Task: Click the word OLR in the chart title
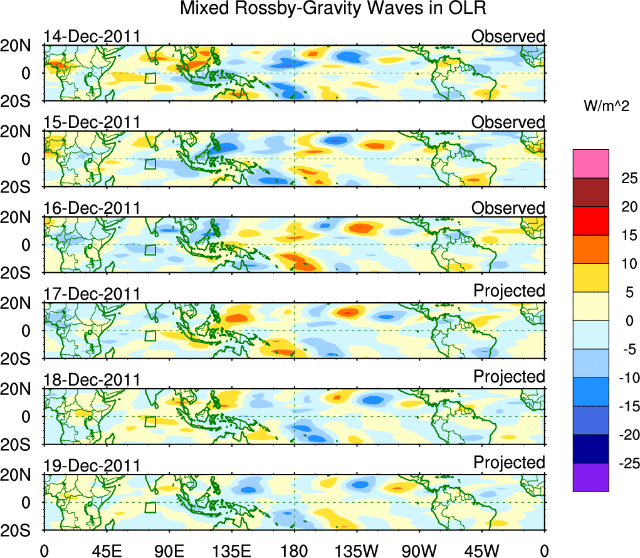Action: coord(468,9)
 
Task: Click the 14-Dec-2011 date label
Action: coord(92,36)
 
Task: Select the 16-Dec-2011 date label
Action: coord(92,208)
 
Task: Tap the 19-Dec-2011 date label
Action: coord(92,466)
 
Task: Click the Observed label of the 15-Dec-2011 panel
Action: coord(508,122)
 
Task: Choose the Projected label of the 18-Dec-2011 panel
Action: coord(509,377)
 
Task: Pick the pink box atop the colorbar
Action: coord(590,164)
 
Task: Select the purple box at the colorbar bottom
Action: coord(590,477)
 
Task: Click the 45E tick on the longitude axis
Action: coord(105,550)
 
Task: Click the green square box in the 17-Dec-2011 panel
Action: coord(150,335)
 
